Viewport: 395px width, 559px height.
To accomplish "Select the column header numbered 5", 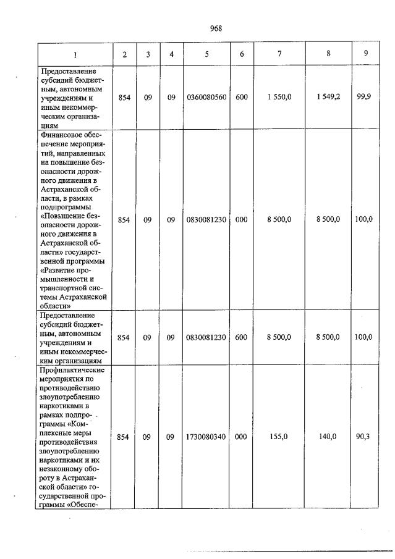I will pos(206,54).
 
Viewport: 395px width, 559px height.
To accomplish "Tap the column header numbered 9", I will pos(366,54).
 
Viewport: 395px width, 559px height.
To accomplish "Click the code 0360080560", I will pos(206,98).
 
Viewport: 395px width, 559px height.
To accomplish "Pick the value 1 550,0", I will pos(279,98).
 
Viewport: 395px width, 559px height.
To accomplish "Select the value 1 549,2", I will pos(328,98).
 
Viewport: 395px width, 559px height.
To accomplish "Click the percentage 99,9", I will pos(366,98).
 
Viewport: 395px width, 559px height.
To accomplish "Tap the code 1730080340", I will pos(206,437).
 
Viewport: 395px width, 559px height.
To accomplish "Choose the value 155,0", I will pos(279,437).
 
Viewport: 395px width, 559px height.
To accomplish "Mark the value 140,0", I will pos(328,437).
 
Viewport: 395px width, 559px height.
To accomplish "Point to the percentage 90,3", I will pos(366,437).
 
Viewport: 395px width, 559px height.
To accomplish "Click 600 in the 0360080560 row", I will pos(242,98).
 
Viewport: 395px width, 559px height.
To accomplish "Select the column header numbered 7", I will pos(279,54).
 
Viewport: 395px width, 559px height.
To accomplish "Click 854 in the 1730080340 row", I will pos(124,437).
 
